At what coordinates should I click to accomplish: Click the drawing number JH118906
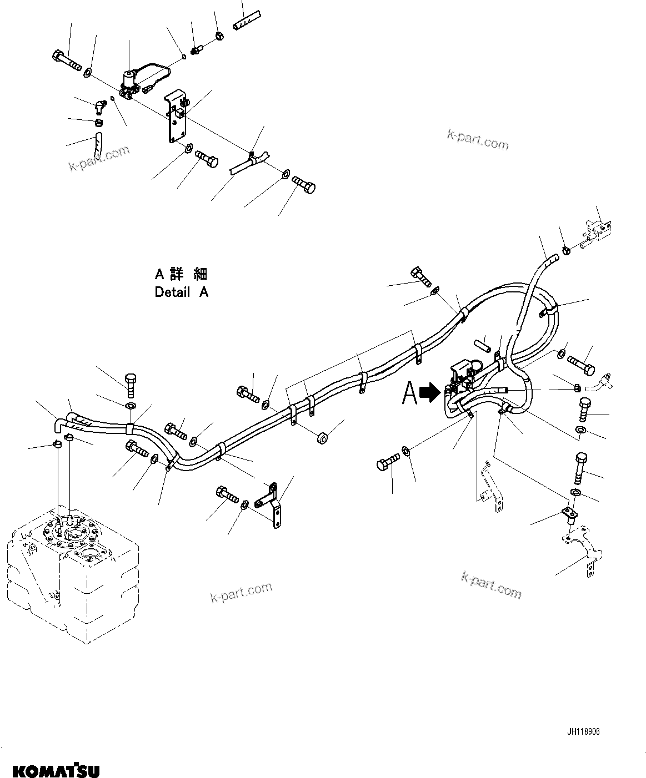tap(583, 731)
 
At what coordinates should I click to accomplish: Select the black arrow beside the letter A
tap(429, 393)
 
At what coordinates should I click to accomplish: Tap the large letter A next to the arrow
tap(410, 393)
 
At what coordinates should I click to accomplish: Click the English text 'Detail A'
tap(181, 292)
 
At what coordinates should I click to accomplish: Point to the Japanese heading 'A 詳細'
tap(181, 274)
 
